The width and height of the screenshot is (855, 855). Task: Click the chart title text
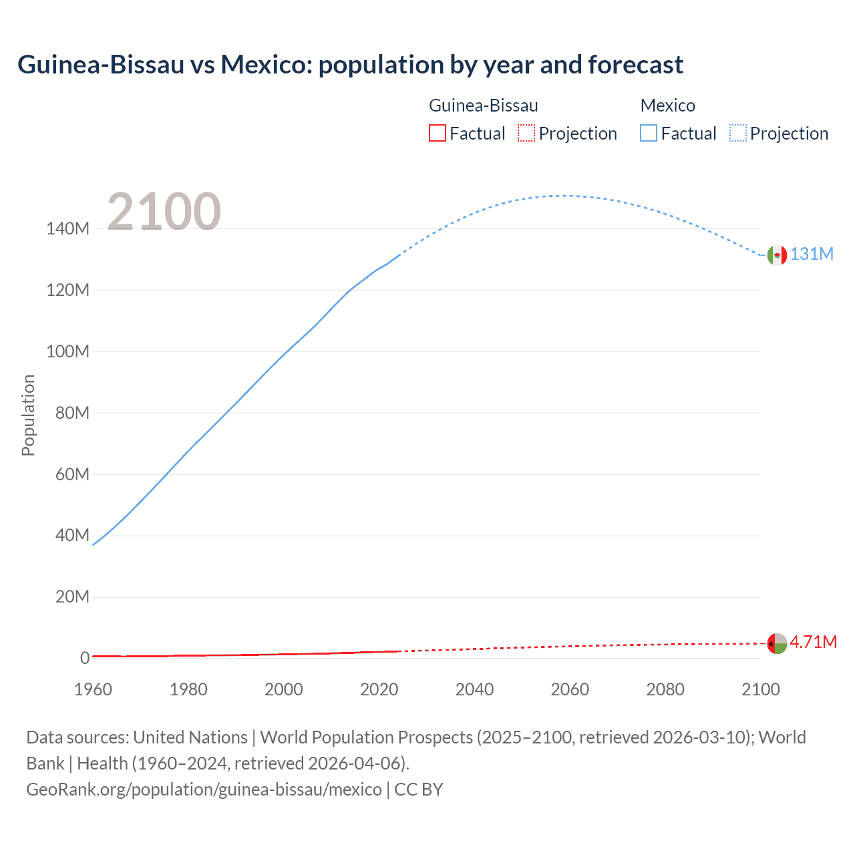(x=350, y=65)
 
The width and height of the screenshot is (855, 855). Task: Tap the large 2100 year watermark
(x=164, y=211)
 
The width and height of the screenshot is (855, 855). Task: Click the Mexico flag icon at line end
(x=777, y=255)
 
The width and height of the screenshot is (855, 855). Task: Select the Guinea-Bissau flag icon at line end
(x=777, y=643)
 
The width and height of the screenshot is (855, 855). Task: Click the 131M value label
(x=812, y=254)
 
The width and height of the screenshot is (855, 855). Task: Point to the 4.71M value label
(x=813, y=642)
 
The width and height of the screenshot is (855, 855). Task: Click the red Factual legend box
(x=438, y=133)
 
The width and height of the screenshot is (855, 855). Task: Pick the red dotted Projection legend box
(x=526, y=133)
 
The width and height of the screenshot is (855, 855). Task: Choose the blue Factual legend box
(x=649, y=133)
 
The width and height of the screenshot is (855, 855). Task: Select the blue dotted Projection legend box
(x=738, y=133)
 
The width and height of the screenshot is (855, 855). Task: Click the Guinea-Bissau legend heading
(x=483, y=106)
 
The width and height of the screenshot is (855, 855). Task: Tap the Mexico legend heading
(x=667, y=106)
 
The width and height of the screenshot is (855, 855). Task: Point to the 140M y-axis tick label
(x=67, y=229)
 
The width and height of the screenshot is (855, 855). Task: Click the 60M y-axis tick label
(x=72, y=474)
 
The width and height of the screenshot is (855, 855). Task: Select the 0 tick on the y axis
(x=85, y=658)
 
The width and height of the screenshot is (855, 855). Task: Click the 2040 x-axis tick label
(x=474, y=689)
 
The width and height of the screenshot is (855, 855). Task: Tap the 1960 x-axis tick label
(x=93, y=689)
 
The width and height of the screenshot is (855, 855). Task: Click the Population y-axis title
(x=28, y=415)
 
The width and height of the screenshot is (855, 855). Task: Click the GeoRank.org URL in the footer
(x=204, y=790)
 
